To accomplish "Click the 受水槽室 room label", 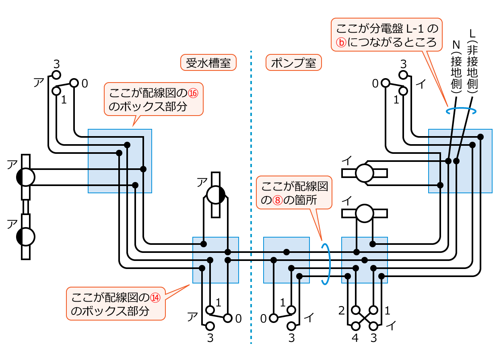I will pyautogui.click(x=208, y=63).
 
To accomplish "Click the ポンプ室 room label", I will pyautogui.click(x=293, y=63).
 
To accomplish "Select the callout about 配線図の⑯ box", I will pyautogui.click(x=154, y=99).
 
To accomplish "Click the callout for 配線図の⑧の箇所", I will pyautogui.click(x=295, y=192).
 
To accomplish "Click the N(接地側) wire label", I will pyautogui.click(x=456, y=67).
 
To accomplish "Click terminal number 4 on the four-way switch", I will pyautogui.click(x=355, y=338).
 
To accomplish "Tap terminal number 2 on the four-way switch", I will pyautogui.click(x=342, y=310).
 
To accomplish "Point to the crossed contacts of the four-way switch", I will pyautogui.click(x=365, y=318).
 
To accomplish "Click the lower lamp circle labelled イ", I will pyautogui.click(x=365, y=213).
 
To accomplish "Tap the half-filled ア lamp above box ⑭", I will pyautogui.click(x=216, y=195).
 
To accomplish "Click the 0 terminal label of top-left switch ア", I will pyautogui.click(x=85, y=83).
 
